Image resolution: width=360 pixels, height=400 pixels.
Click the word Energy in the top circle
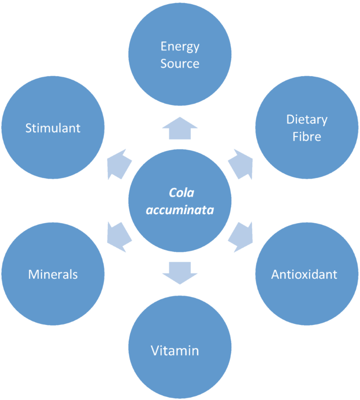[180, 47]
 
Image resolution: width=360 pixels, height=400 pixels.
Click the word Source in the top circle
[180, 64]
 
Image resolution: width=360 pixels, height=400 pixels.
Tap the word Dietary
[306, 120]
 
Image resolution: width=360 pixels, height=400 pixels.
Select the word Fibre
[306, 137]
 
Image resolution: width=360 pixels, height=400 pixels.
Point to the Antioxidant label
[304, 275]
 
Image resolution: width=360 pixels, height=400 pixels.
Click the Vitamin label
[174, 351]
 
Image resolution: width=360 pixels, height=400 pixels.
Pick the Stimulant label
[53, 128]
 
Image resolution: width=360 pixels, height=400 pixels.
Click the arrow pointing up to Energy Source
[179, 128]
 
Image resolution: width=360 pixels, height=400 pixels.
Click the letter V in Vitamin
[155, 351]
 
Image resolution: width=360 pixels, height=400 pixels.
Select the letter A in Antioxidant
[275, 275]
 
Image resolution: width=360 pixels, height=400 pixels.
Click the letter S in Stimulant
[28, 128]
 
